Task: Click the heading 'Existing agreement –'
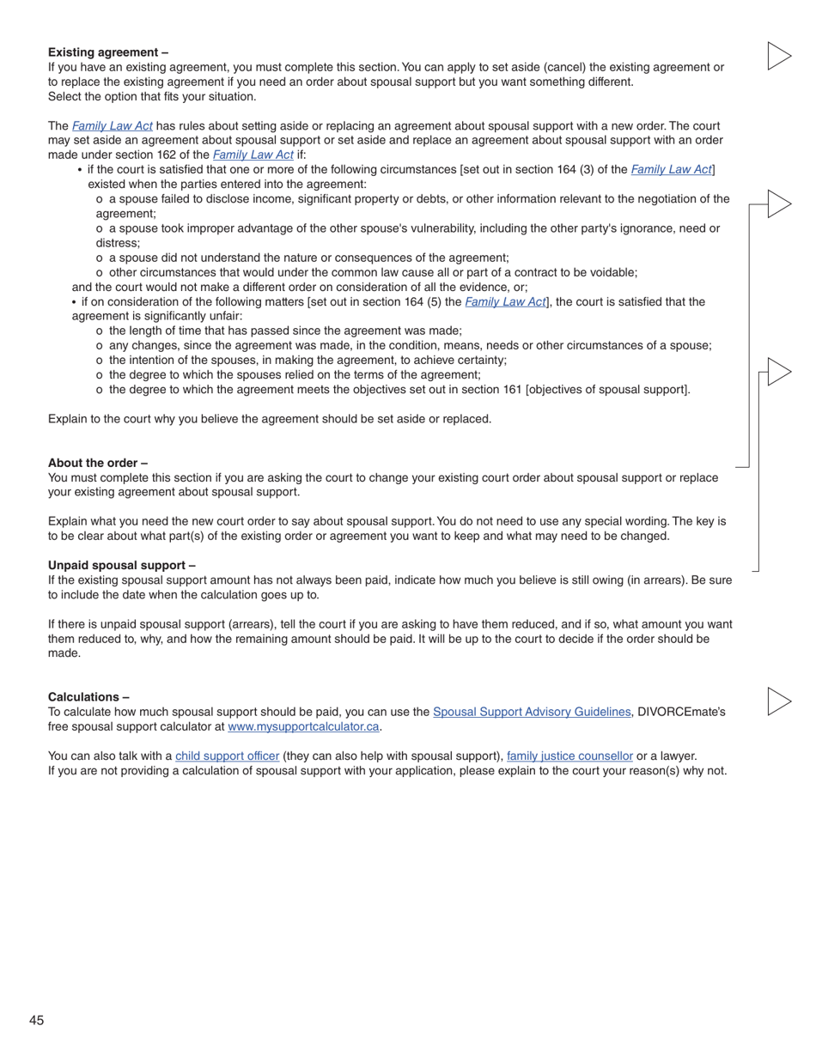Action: coord(108,52)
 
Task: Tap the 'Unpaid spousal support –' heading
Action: coord(122,565)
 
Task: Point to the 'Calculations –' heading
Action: coord(88,697)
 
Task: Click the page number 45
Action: coord(36,1020)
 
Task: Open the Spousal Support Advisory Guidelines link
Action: coord(532,712)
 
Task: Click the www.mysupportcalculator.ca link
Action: coord(303,726)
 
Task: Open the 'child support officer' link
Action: coord(227,756)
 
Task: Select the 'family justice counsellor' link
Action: coord(569,756)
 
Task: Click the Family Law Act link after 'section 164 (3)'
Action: coord(671,169)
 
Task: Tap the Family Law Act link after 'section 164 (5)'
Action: coord(505,301)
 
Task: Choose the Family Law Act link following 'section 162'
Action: coord(253,155)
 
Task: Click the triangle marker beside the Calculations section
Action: coord(778,701)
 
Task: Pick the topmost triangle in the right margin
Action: coord(778,56)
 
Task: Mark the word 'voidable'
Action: coord(611,272)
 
